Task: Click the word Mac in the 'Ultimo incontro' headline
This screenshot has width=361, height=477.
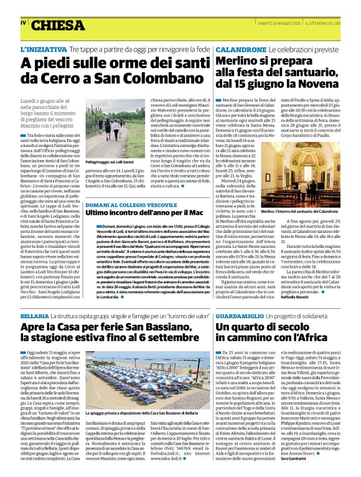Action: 198,214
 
